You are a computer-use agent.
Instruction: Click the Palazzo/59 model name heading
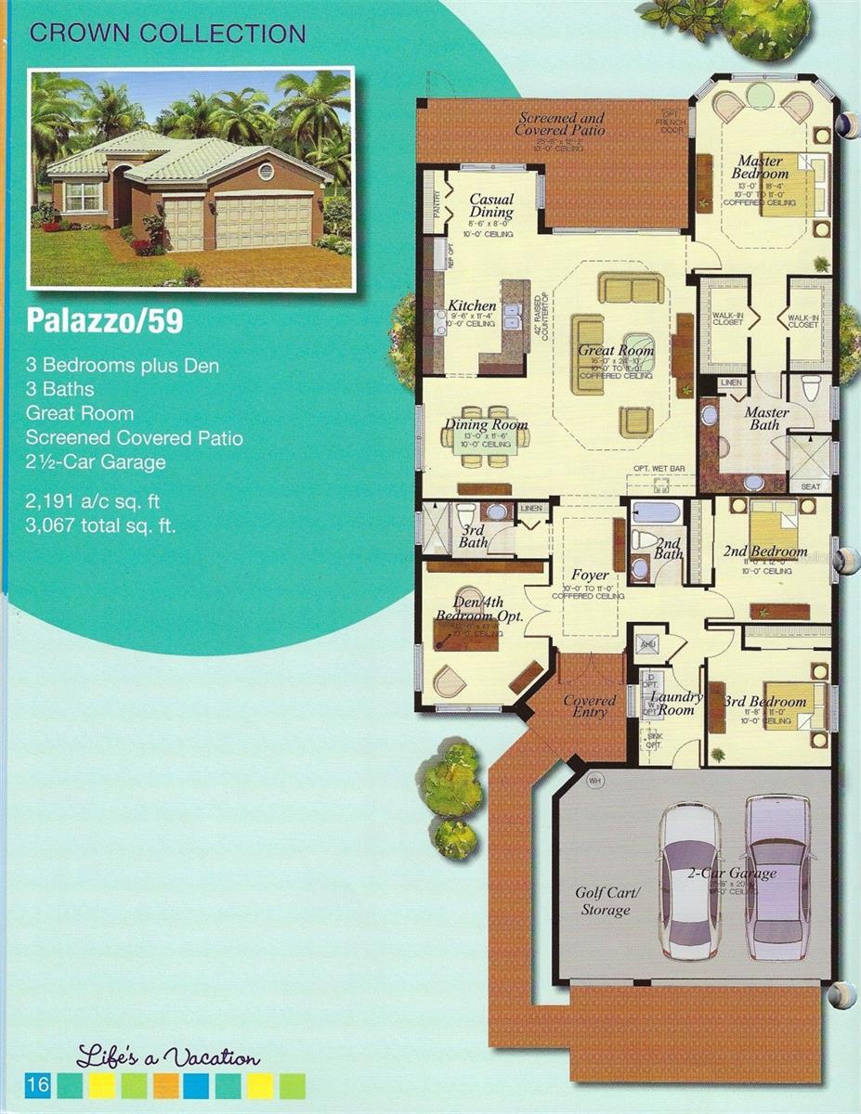(x=104, y=321)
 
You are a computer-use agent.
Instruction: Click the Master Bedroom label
(x=759, y=166)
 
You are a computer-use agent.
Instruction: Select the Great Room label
(x=616, y=351)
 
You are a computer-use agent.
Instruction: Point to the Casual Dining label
(x=491, y=205)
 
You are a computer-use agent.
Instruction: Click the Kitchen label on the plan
(x=472, y=305)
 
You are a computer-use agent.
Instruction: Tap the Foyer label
(x=586, y=574)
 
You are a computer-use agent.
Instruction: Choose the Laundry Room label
(x=676, y=703)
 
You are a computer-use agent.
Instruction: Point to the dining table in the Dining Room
(x=486, y=437)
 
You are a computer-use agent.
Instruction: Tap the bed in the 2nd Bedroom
(x=772, y=528)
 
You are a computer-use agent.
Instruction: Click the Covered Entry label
(x=590, y=706)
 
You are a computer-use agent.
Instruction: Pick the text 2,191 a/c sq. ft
(x=93, y=501)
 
